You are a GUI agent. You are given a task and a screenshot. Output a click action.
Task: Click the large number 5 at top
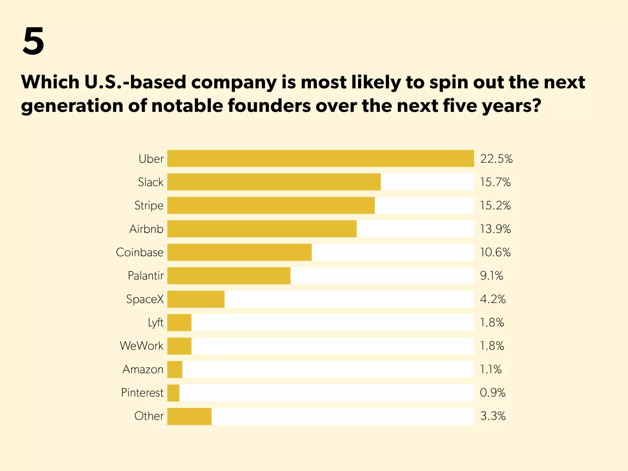[x=33, y=41]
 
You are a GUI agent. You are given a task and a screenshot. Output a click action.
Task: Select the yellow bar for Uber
[x=320, y=159]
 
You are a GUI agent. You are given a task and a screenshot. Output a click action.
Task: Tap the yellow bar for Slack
[x=274, y=182]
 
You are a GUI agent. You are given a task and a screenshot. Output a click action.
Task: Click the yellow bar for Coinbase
[x=239, y=252]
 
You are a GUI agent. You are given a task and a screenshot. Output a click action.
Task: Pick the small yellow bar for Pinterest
[x=173, y=393]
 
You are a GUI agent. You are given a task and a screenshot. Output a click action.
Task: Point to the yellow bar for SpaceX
[x=196, y=299]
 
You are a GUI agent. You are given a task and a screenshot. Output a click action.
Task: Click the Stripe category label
[x=149, y=205]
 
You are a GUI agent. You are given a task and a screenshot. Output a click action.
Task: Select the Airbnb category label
[x=146, y=229]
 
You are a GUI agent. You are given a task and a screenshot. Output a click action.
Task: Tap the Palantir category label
[x=146, y=276]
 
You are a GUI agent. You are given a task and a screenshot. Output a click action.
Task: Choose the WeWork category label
[x=142, y=346]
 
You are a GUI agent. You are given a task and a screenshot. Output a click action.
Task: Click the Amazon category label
[x=143, y=370]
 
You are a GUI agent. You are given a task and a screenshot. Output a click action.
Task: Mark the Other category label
[x=149, y=416]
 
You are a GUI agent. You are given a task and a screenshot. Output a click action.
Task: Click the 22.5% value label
[x=496, y=159]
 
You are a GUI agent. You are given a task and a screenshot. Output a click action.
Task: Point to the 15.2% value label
[x=495, y=205]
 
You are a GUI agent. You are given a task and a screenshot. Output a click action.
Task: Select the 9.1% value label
[x=491, y=276]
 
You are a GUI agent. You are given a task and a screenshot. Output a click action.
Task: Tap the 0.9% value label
[x=492, y=393]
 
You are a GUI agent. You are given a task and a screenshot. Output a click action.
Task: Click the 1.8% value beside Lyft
[x=492, y=323]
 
